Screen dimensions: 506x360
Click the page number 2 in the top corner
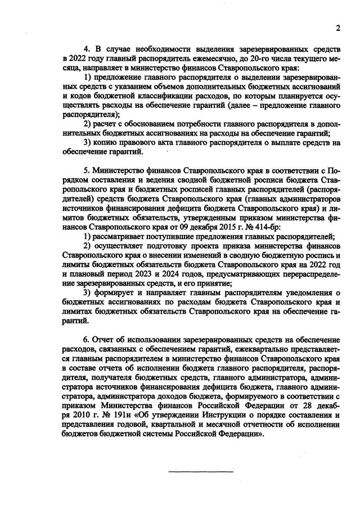(x=339, y=29)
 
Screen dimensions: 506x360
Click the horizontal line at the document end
(x=201, y=470)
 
